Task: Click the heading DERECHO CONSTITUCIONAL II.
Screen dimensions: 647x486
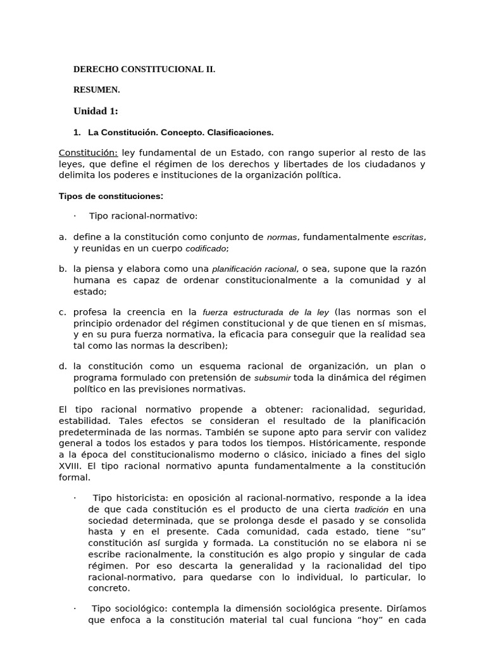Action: pyautogui.click(x=144, y=70)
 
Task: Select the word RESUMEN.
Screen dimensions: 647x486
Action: pyautogui.click(x=97, y=90)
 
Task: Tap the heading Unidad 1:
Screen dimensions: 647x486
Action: pyautogui.click(x=96, y=111)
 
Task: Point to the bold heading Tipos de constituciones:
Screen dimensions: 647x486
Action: pyautogui.click(x=111, y=196)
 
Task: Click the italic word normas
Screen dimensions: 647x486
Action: pyautogui.click(x=282, y=238)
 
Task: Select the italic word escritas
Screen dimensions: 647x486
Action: pyautogui.click(x=408, y=238)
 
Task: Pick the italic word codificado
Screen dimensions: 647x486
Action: pyautogui.click(x=206, y=249)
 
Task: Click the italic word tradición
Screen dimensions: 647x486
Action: pyautogui.click(x=371, y=509)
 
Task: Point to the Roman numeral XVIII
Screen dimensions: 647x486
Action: pyautogui.click(x=70, y=466)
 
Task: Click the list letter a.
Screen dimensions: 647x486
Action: pyautogui.click(x=62, y=237)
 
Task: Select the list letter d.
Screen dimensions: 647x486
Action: pyautogui.click(x=62, y=366)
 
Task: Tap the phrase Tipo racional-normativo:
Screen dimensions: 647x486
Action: pyautogui.click(x=143, y=216)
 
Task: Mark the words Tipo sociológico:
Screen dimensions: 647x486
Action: pyautogui.click(x=129, y=608)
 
